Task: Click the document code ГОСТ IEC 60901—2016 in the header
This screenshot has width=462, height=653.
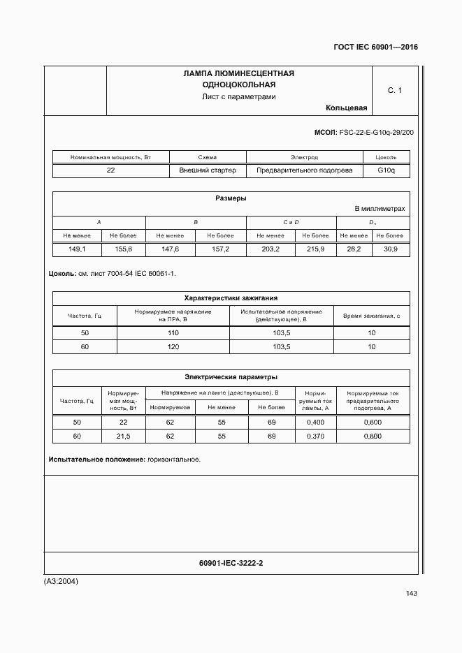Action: coord(376,47)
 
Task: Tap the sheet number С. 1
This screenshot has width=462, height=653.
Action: coord(395,90)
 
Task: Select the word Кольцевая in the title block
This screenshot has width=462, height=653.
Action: coord(346,108)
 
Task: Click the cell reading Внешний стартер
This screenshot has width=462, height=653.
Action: coord(208,170)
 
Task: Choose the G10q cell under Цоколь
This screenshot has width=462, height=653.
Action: coord(387,170)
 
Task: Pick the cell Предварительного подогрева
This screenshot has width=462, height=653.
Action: coord(305,170)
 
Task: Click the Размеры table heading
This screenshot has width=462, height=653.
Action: coord(231,198)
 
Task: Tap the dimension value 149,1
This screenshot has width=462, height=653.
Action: coord(77,249)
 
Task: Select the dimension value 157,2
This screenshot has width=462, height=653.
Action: coord(221,249)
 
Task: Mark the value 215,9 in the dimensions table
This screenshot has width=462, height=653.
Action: coord(315,249)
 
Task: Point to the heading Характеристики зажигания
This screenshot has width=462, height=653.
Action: coord(231,298)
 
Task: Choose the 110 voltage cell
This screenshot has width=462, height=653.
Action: coord(173,333)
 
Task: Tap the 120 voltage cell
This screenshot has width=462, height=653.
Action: coord(173,346)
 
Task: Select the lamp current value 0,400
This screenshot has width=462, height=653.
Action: coord(316,423)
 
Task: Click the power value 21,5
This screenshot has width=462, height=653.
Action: coord(123,436)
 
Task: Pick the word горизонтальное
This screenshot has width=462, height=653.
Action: coord(174,460)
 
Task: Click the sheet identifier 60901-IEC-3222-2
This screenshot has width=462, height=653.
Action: coord(231,563)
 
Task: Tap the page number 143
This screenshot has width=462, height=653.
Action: coord(411,594)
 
